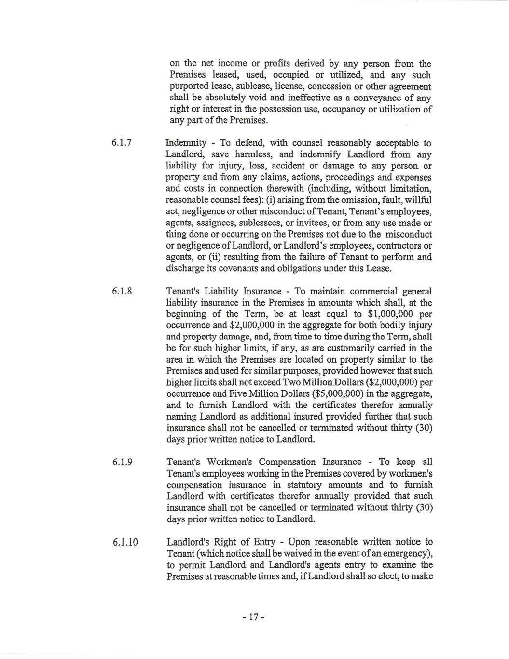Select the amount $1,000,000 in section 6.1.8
395,314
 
